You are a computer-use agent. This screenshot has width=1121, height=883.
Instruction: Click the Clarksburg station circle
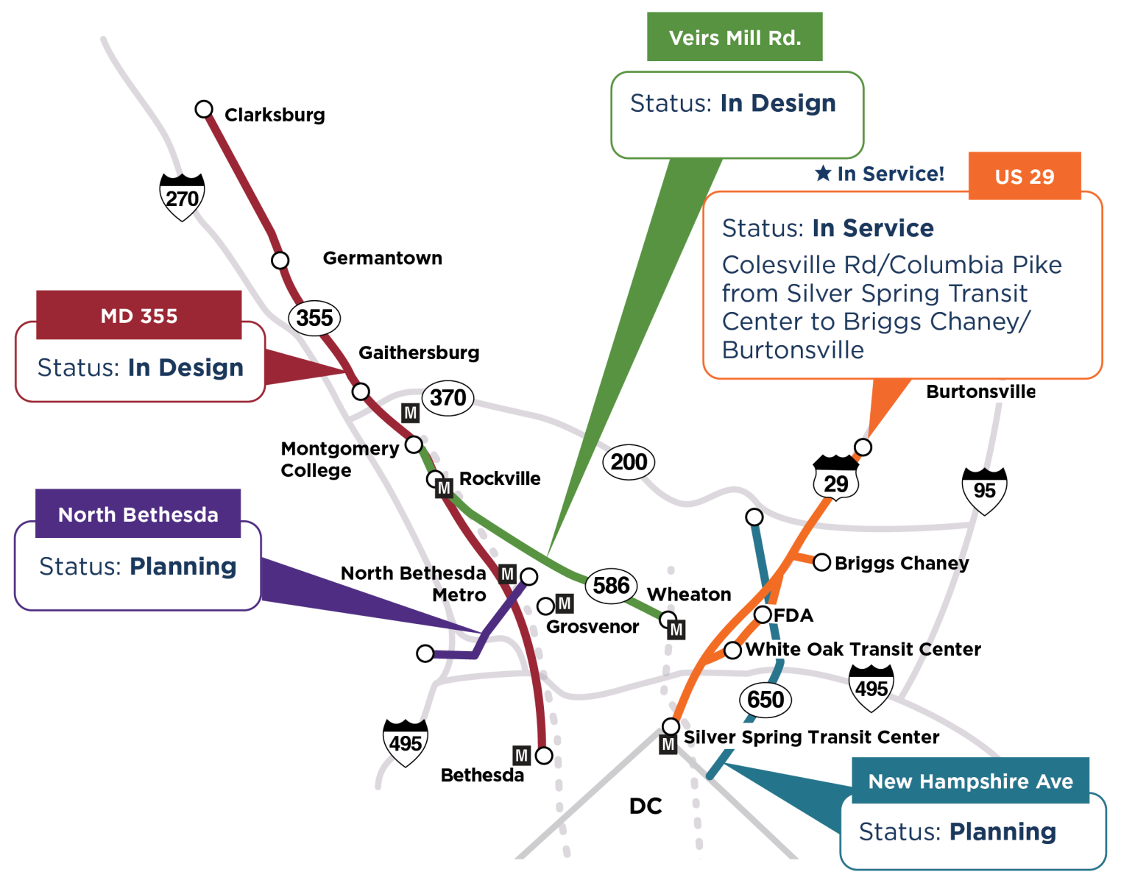pyautogui.click(x=204, y=110)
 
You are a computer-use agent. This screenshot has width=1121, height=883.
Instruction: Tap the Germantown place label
pyautogui.click(x=382, y=258)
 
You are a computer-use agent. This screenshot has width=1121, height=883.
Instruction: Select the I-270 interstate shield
pyautogui.click(x=182, y=197)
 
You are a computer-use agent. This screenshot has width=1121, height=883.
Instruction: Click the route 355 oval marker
pyautogui.click(x=315, y=318)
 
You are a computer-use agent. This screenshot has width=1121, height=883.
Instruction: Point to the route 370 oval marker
pyautogui.click(x=448, y=398)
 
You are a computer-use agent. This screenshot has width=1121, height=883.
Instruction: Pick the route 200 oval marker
pyautogui.click(x=629, y=462)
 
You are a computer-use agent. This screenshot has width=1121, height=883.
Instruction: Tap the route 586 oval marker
pyautogui.click(x=611, y=586)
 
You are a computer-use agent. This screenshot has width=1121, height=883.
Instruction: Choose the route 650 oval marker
pyautogui.click(x=765, y=699)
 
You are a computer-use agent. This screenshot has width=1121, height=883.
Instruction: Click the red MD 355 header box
pyautogui.click(x=139, y=316)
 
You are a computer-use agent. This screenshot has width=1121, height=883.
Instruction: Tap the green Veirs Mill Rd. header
pyautogui.click(x=735, y=38)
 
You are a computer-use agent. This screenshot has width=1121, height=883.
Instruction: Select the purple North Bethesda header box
pyautogui.click(x=138, y=514)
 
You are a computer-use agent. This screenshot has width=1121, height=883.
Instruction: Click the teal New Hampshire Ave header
pyautogui.click(x=970, y=781)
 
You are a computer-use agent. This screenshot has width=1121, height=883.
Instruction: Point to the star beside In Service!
pyautogui.click(x=823, y=173)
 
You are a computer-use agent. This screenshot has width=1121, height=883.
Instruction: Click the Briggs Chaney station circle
pyautogui.click(x=821, y=562)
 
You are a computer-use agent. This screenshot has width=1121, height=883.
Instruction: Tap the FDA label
pyautogui.click(x=793, y=615)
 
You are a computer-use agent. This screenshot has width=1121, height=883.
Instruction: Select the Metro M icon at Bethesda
pyautogui.click(x=522, y=755)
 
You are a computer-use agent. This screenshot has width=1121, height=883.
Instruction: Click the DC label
pyautogui.click(x=646, y=806)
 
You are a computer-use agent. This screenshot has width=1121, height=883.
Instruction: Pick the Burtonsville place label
pyautogui.click(x=980, y=391)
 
